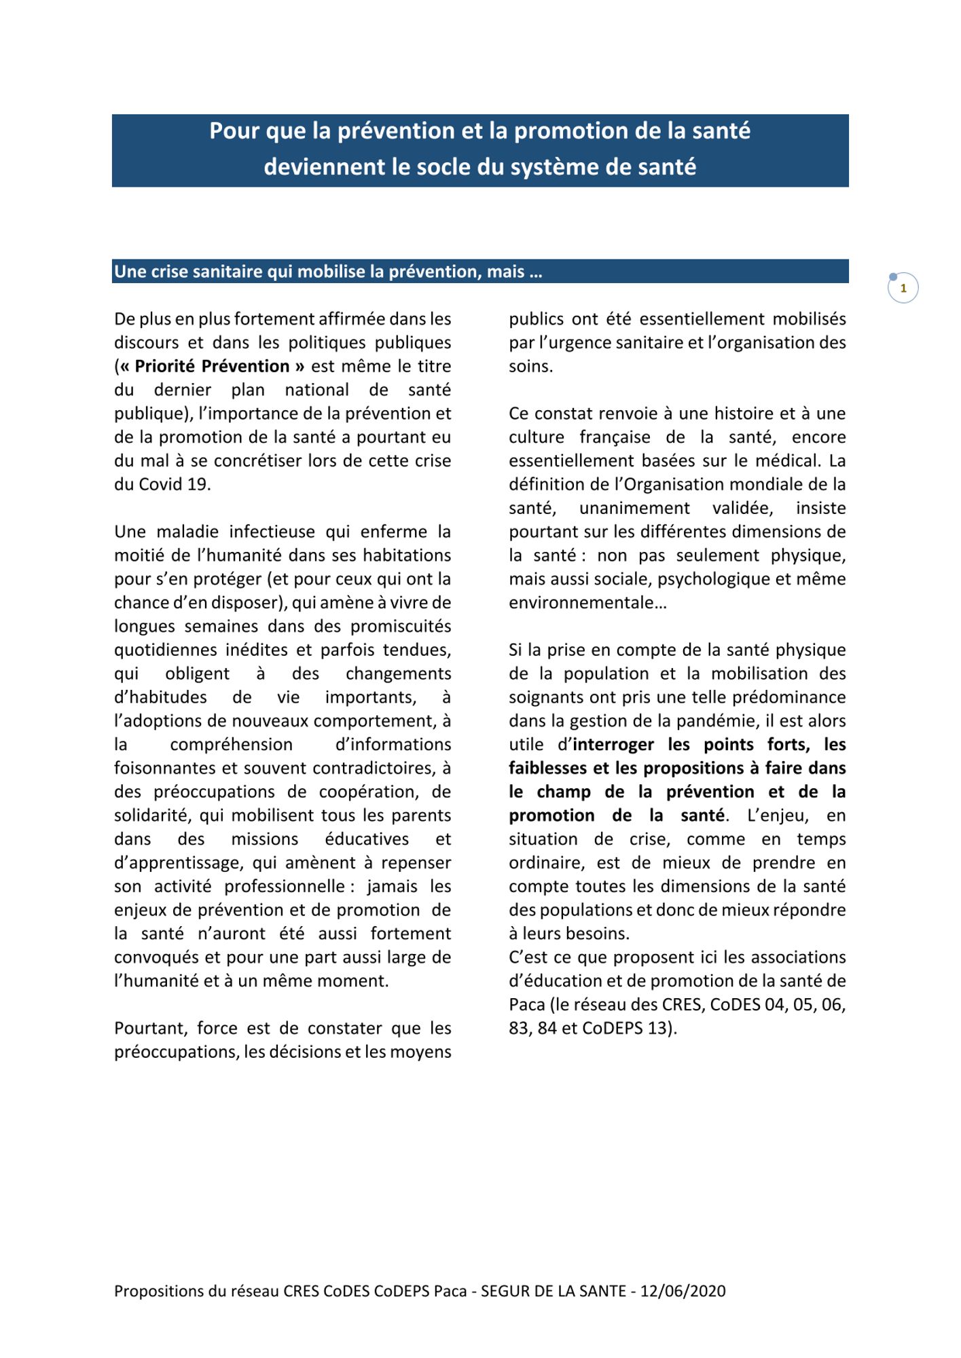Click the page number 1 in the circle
903,289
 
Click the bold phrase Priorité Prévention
212,366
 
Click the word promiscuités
401,626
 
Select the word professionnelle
285,886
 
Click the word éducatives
367,839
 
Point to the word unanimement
634,508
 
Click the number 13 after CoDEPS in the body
657,1028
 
